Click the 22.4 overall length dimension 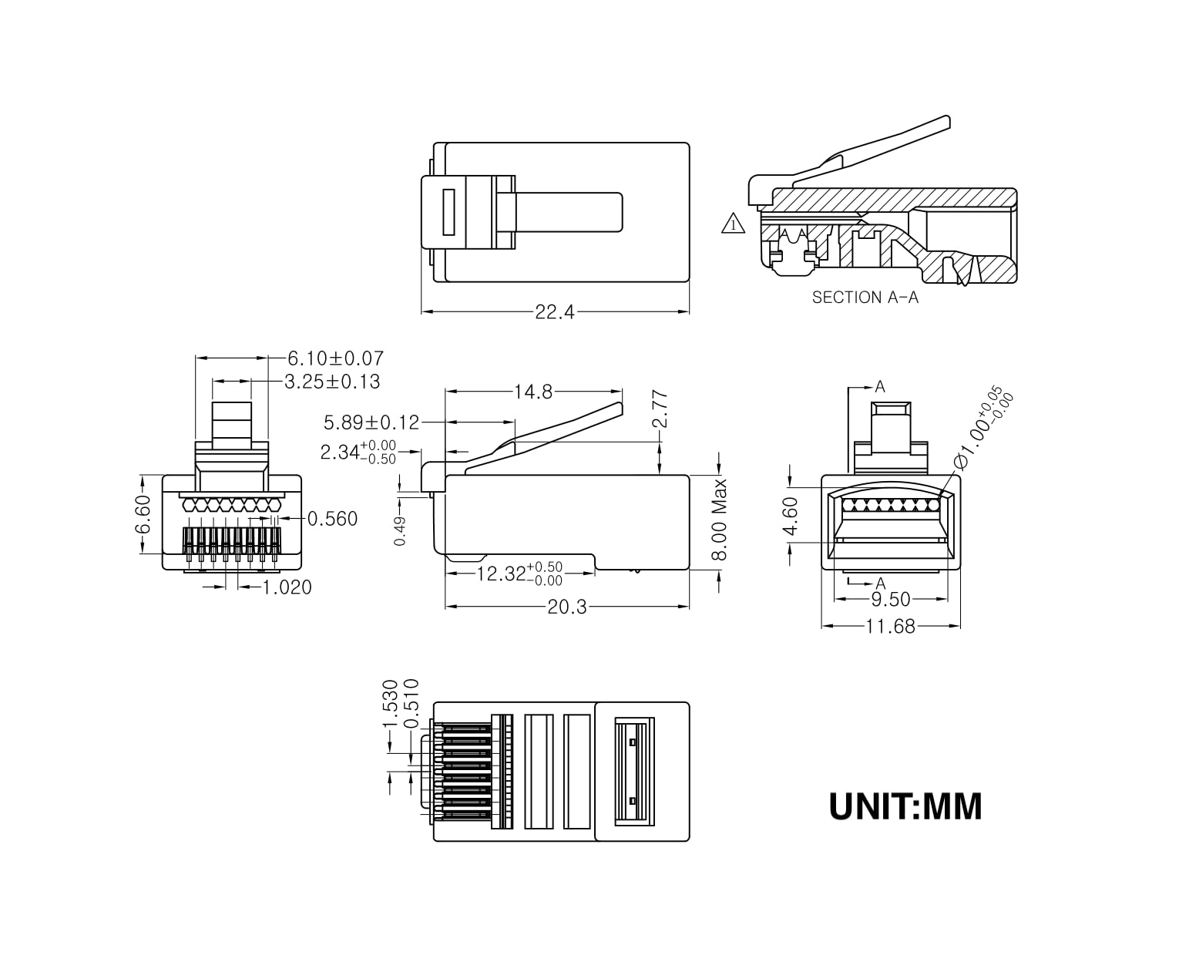[555, 312]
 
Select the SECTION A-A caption [865, 298]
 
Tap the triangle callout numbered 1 [733, 224]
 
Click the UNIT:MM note [905, 806]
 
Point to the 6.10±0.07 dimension [335, 358]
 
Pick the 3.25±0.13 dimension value [332, 382]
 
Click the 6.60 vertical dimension [144, 514]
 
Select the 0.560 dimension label [332, 519]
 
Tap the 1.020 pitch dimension [287, 588]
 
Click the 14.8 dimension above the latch [533, 392]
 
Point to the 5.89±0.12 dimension [371, 422]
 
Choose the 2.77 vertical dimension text [660, 409]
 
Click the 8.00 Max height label [719, 520]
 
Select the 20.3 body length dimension [566, 607]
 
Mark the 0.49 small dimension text [400, 531]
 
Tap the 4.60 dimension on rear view [791, 516]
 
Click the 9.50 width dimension [890, 599]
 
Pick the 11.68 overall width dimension [890, 627]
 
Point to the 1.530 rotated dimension [390, 703]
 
